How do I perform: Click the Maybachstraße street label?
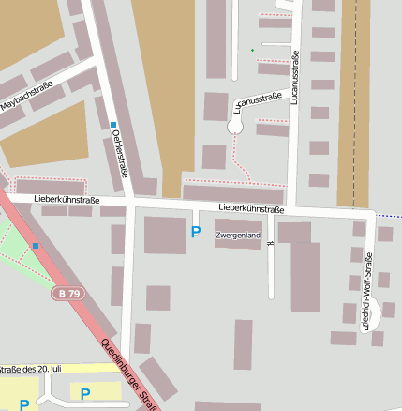tap(27, 98)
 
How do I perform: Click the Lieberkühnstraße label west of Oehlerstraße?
tap(66, 200)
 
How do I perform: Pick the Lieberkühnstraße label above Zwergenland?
tap(250, 208)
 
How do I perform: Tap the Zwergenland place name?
tap(237, 235)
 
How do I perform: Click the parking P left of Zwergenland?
tap(195, 232)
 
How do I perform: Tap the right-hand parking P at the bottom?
tap(85, 394)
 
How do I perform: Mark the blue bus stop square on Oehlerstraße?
tap(112, 125)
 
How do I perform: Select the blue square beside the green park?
tap(36, 246)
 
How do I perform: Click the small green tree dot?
tap(252, 50)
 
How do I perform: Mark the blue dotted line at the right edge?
tap(389, 216)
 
